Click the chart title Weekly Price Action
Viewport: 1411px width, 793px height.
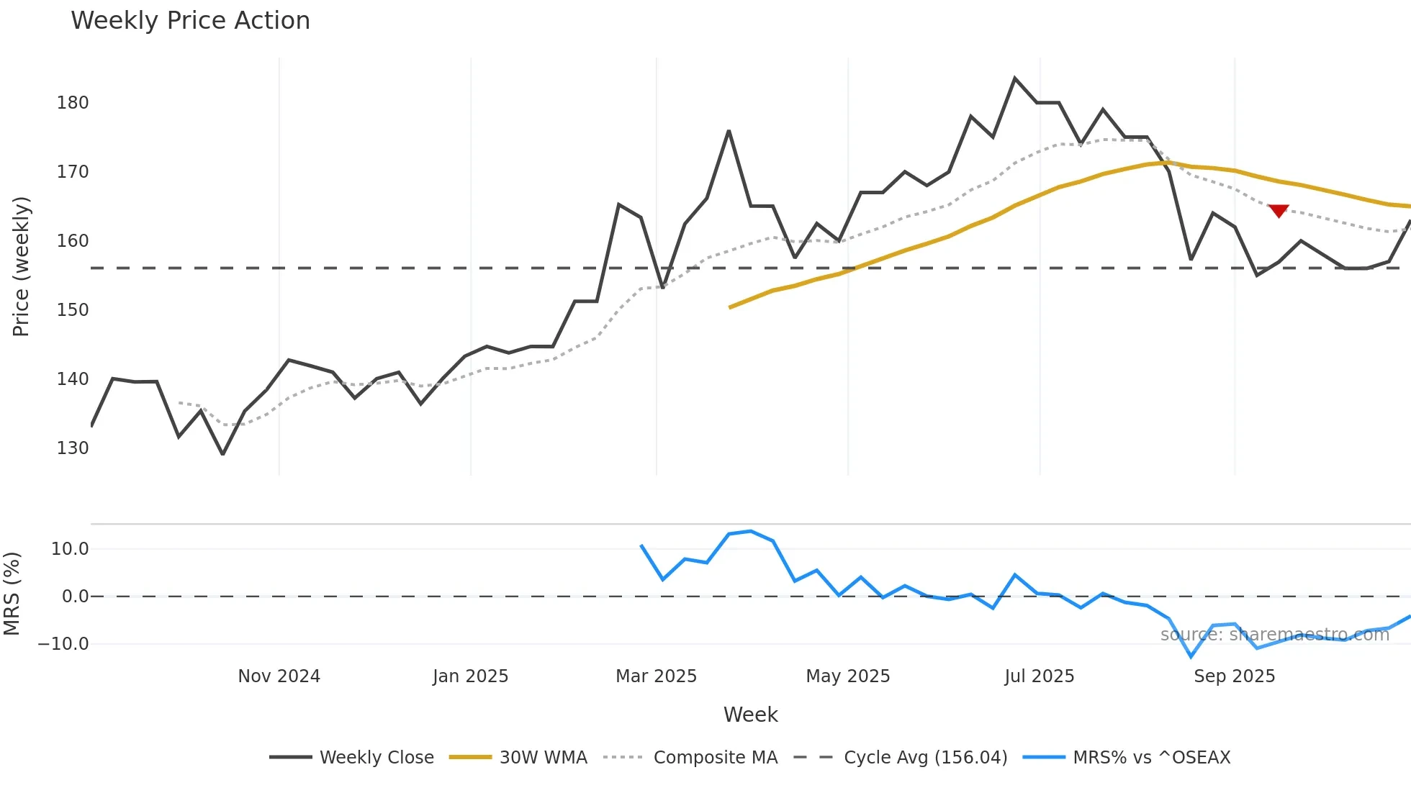tap(190, 21)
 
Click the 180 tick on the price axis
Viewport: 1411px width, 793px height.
tap(73, 103)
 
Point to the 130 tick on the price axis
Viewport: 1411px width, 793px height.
tap(73, 448)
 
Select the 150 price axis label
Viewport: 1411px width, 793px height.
tap(73, 310)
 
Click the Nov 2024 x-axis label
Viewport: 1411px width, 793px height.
tap(279, 676)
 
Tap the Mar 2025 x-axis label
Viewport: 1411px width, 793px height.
tap(656, 676)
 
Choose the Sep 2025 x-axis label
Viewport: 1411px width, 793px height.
tap(1234, 676)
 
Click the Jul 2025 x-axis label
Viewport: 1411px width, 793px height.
tap(1039, 676)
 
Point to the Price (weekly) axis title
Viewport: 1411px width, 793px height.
tap(21, 266)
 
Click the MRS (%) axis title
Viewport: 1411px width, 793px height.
tap(12, 594)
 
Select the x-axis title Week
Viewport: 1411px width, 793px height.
tap(750, 715)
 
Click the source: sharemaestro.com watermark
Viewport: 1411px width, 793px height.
tap(1274, 635)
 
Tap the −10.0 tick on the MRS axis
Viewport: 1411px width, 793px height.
tap(63, 644)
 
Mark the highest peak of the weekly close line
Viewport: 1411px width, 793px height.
tap(1014, 78)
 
